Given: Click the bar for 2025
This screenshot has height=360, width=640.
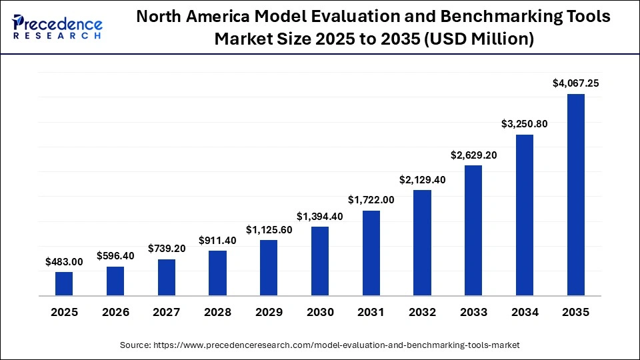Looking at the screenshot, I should pos(64,283).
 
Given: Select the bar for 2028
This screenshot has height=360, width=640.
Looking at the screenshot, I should pos(217,273).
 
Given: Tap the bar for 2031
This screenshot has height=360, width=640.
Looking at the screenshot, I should pos(371,253).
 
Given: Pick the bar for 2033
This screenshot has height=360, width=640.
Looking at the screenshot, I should pos(473,230).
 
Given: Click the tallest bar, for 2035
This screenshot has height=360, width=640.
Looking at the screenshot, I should pos(576,194).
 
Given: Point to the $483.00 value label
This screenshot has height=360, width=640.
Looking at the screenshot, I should pos(64,262).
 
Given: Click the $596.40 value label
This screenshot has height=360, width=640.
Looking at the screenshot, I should pos(115,255).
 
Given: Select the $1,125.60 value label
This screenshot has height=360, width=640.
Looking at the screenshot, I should pos(269,229).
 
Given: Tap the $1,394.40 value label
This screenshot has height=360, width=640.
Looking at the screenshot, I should pos(320,216).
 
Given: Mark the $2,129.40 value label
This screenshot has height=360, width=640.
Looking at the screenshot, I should pos(422,179).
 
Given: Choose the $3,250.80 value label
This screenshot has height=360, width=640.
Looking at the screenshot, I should pos(525,124).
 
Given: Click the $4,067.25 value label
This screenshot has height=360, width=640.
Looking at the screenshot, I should pos(576,83).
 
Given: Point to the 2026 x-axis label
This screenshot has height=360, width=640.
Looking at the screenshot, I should pos(115,312).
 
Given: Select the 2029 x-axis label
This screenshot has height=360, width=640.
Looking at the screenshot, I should pos(269,312).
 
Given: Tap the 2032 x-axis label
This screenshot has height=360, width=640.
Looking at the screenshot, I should pos(422,312).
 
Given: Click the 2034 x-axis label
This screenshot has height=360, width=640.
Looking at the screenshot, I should pos(525,312).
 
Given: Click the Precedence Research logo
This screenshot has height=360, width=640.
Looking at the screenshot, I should pos(57,27).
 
